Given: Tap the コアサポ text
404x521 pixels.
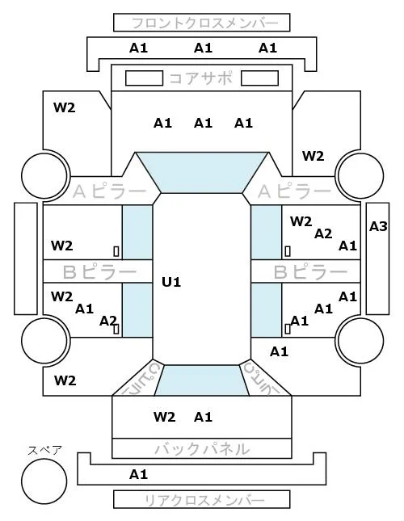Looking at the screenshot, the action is [201, 78].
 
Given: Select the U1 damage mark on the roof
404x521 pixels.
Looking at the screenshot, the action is [171, 282].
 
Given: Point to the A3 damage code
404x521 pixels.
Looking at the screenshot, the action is [378, 227].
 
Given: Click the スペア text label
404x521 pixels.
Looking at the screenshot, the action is [45, 451].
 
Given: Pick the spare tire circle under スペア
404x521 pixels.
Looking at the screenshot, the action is [44, 481].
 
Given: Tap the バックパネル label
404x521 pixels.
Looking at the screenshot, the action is [202, 449].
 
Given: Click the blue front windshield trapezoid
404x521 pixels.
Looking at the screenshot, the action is [202, 172].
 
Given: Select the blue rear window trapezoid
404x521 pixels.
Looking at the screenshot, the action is [202, 380].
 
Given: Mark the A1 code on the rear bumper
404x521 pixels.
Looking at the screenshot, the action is [138, 474].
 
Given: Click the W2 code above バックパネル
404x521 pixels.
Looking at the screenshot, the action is [165, 417].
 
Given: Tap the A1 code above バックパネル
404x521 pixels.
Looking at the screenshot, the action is [203, 417].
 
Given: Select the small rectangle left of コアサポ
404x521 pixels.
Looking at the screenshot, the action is [144, 78].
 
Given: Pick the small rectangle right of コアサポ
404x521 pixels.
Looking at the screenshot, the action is [259, 78].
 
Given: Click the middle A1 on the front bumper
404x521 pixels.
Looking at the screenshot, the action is [203, 48].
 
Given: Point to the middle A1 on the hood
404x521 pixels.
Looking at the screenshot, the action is [203, 124].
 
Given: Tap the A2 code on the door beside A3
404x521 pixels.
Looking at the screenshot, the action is [323, 234].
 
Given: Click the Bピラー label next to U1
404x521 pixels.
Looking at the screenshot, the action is [99, 272].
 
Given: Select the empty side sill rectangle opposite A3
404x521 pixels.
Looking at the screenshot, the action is [26, 258].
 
